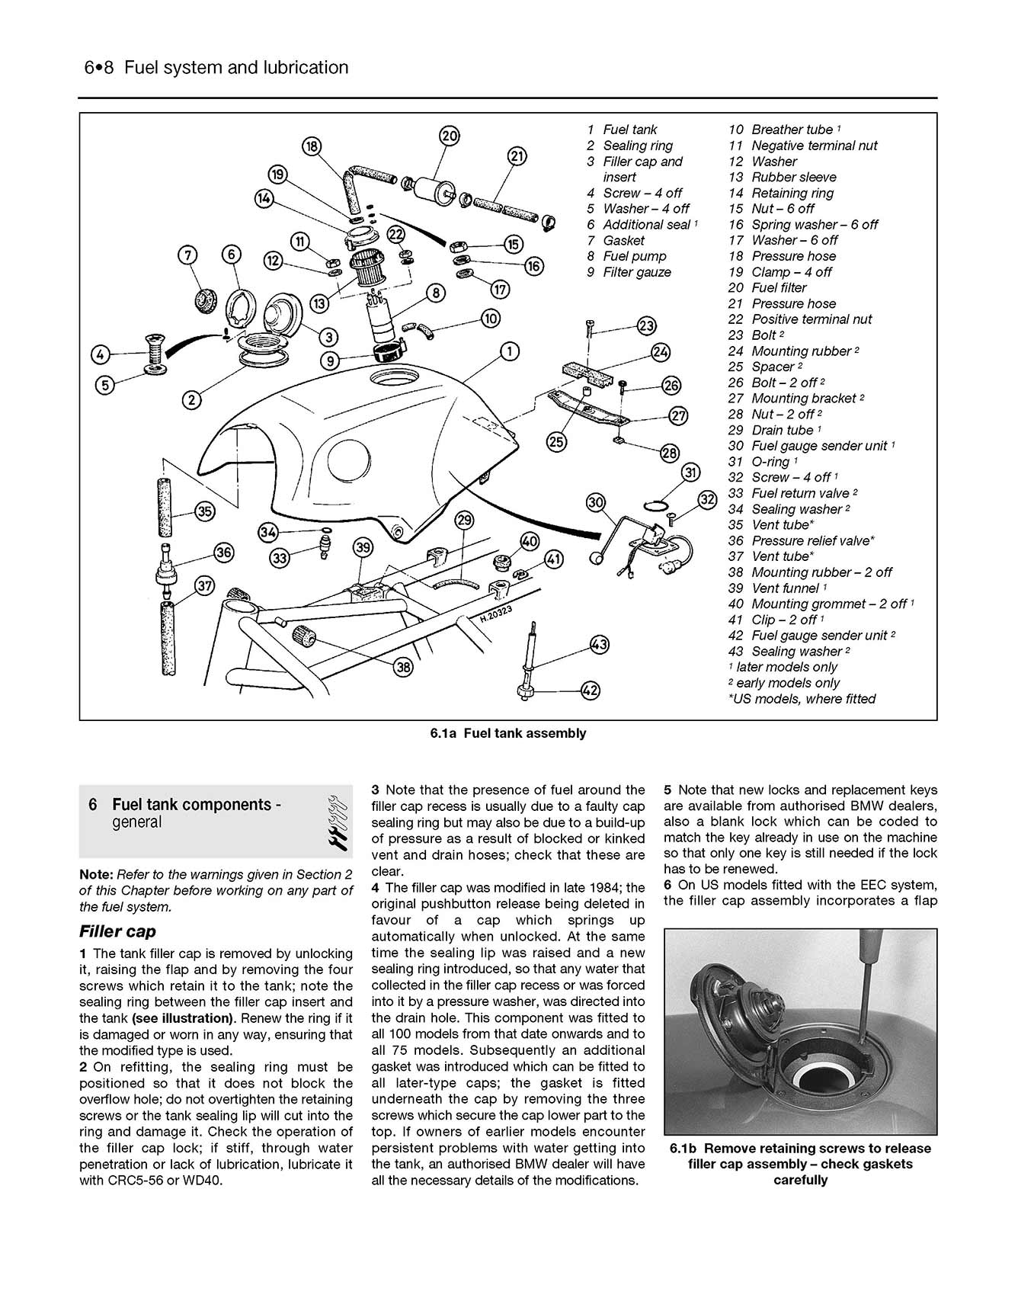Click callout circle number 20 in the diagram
[x=450, y=136]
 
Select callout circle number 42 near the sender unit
[x=590, y=691]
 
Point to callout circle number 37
[x=205, y=586]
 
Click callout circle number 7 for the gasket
[x=188, y=254]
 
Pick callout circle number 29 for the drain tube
[x=464, y=521]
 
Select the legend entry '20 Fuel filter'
[x=767, y=287]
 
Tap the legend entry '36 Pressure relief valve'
[x=802, y=540]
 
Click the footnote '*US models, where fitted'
[x=802, y=699]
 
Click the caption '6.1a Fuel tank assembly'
[x=508, y=733]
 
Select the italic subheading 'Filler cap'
[x=117, y=931]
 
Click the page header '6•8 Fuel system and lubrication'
[x=216, y=68]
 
